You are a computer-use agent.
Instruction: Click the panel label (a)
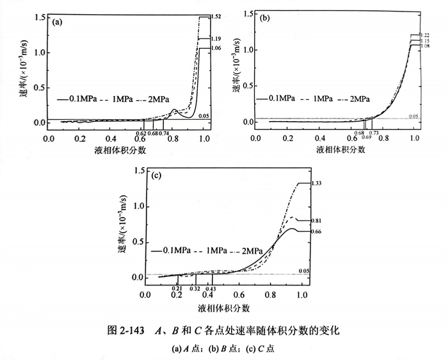pyautogui.click(x=58, y=22)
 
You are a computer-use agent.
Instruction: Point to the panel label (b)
pyautogui.click(x=264, y=19)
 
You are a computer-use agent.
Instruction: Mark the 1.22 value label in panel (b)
pyautogui.click(x=424, y=35)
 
